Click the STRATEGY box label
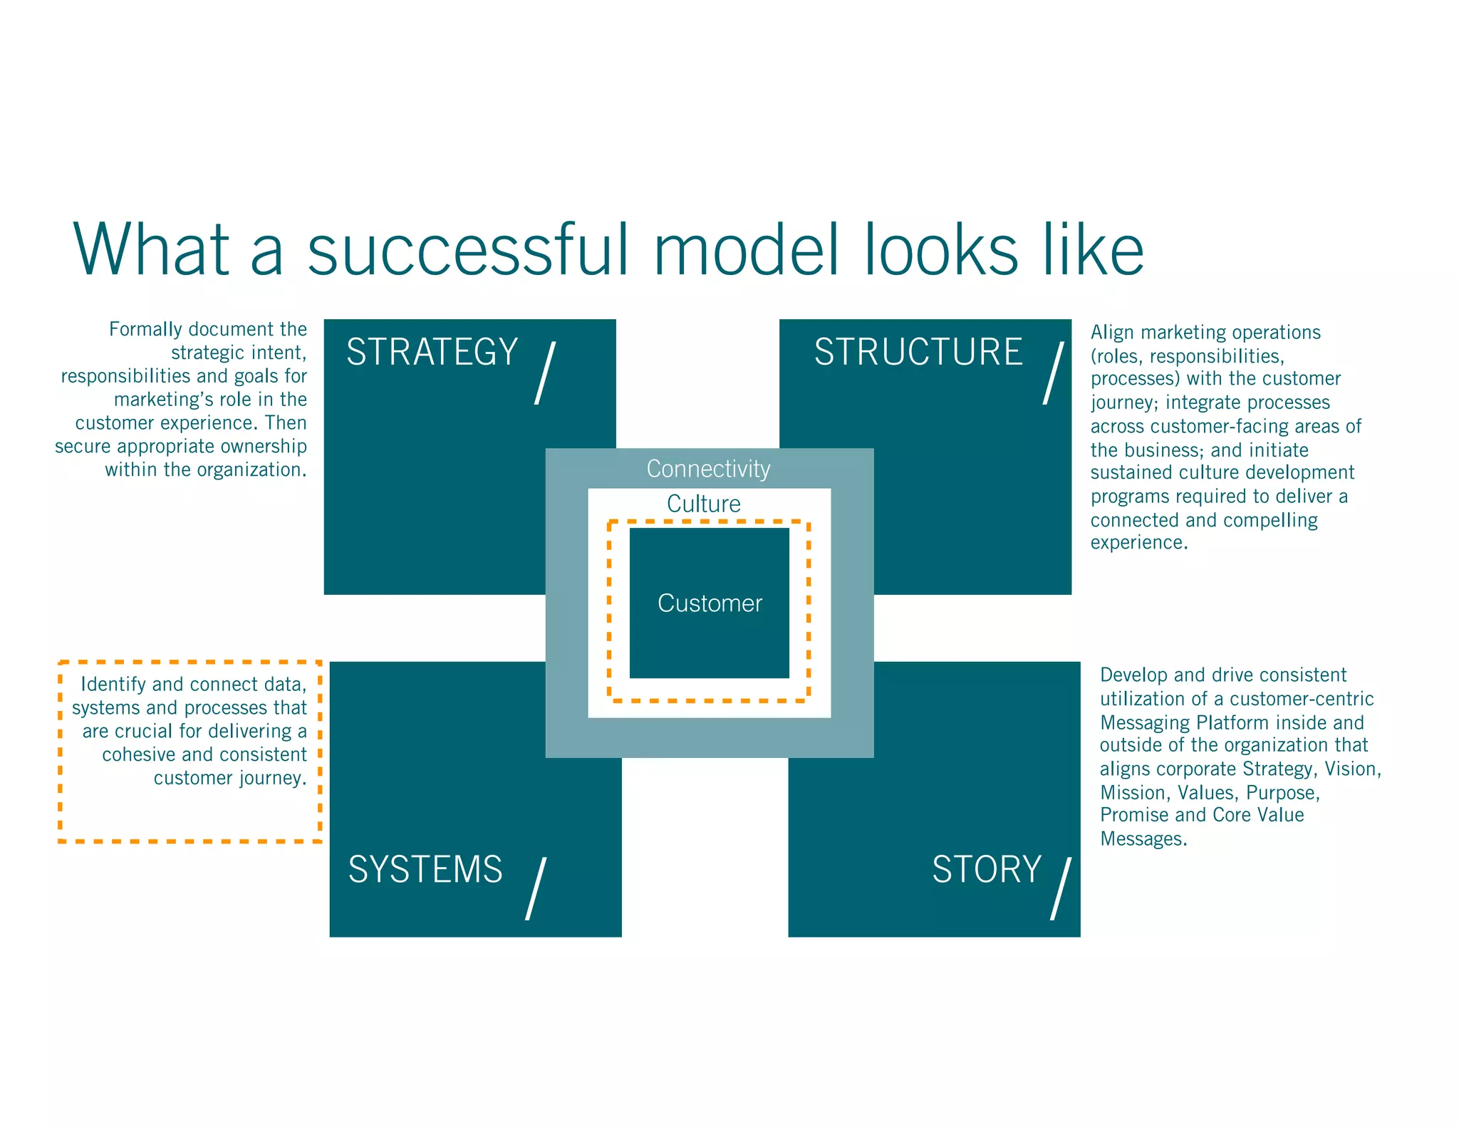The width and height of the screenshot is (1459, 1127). [432, 352]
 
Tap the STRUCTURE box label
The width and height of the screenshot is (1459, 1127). [918, 352]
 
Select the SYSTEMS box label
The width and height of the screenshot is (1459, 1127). [425, 870]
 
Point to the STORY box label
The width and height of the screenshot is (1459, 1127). [986, 870]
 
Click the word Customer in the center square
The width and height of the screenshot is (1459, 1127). [710, 603]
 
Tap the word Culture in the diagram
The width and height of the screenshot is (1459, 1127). [703, 504]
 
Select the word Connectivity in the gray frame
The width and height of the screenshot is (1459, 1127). [708, 469]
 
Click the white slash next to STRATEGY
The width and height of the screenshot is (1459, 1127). [545, 373]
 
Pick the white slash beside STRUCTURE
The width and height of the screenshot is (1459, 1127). [1054, 373]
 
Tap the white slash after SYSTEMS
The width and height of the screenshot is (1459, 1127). [536, 888]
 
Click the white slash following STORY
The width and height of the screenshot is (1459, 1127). [1061, 888]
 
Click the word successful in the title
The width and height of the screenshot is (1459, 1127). [468, 249]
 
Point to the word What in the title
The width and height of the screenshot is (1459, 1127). [151, 249]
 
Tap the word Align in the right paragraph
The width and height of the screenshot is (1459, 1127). [1112, 333]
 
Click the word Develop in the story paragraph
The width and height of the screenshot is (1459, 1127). [1133, 675]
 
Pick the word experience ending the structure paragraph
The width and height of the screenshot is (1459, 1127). [1138, 543]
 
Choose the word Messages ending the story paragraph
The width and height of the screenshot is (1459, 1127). [1142, 839]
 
